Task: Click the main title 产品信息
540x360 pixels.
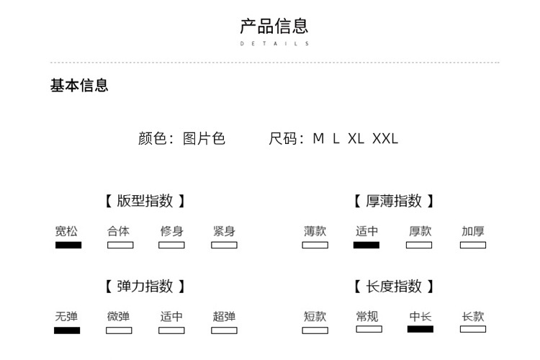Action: (274, 26)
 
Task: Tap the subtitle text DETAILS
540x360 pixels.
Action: (274, 43)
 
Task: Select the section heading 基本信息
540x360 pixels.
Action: (79, 85)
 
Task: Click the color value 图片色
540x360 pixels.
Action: (204, 138)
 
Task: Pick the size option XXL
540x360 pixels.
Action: (385, 138)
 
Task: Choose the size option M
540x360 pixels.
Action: (318, 138)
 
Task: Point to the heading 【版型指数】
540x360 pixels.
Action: (145, 201)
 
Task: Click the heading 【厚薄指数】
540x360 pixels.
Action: (394, 201)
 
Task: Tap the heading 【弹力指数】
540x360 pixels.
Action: (145, 287)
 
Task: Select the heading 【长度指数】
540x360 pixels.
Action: (394, 287)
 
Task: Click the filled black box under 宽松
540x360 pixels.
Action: (68, 245)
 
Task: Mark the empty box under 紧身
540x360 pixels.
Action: (224, 245)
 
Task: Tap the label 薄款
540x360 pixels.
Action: (315, 231)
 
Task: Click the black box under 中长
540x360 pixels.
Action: (420, 329)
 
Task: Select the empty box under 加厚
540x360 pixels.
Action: (473, 245)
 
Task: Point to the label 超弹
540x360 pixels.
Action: (224, 316)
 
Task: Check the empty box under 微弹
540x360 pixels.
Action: (119, 330)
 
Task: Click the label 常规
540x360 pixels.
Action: (367, 316)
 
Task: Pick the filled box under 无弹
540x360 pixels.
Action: (67, 330)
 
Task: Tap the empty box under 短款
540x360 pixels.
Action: (315, 330)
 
